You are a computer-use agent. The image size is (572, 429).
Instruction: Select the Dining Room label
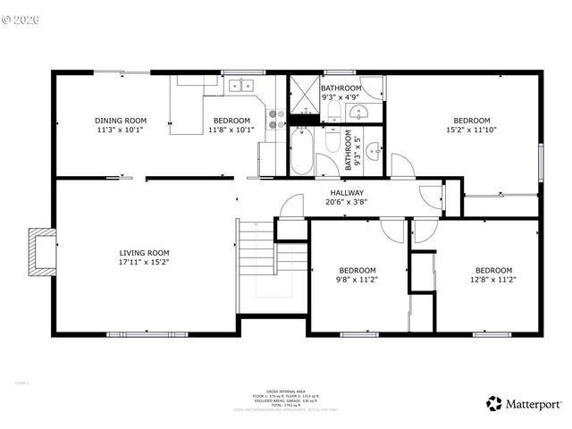121,121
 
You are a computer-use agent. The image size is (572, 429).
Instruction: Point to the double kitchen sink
240,86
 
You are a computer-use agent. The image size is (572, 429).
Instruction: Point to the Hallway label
347,192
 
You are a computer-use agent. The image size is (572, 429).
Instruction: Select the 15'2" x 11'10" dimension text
471,130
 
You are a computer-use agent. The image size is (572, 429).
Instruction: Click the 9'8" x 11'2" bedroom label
357,270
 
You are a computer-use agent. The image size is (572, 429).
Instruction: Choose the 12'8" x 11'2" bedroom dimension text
492,280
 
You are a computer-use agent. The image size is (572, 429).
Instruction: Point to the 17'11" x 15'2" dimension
145,262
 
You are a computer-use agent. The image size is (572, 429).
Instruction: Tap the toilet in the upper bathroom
332,111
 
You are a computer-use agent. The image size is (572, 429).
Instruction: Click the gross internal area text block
287,400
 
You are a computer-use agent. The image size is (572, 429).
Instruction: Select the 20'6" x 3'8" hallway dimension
347,201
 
